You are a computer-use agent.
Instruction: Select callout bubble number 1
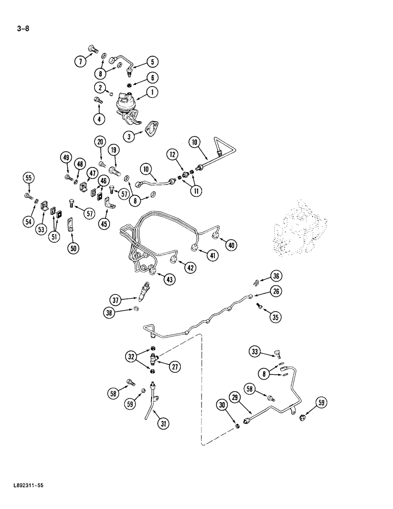[x=152, y=92]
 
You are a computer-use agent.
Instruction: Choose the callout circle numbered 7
[x=80, y=62]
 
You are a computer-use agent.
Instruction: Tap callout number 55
[x=29, y=178]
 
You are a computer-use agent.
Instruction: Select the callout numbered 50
[x=74, y=249]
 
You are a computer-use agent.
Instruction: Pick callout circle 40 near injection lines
[x=232, y=245]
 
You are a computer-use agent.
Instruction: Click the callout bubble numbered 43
[x=169, y=278]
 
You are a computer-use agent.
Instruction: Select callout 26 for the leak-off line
[x=275, y=292]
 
